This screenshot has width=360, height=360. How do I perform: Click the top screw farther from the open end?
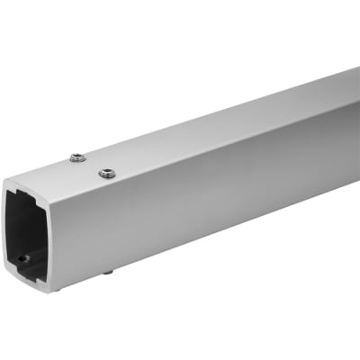point(77,160)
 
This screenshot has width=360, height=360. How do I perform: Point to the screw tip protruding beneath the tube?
point(107,271)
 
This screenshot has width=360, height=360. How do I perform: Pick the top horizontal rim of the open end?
point(32,190)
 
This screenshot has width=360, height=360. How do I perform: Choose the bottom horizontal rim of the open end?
point(32,284)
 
